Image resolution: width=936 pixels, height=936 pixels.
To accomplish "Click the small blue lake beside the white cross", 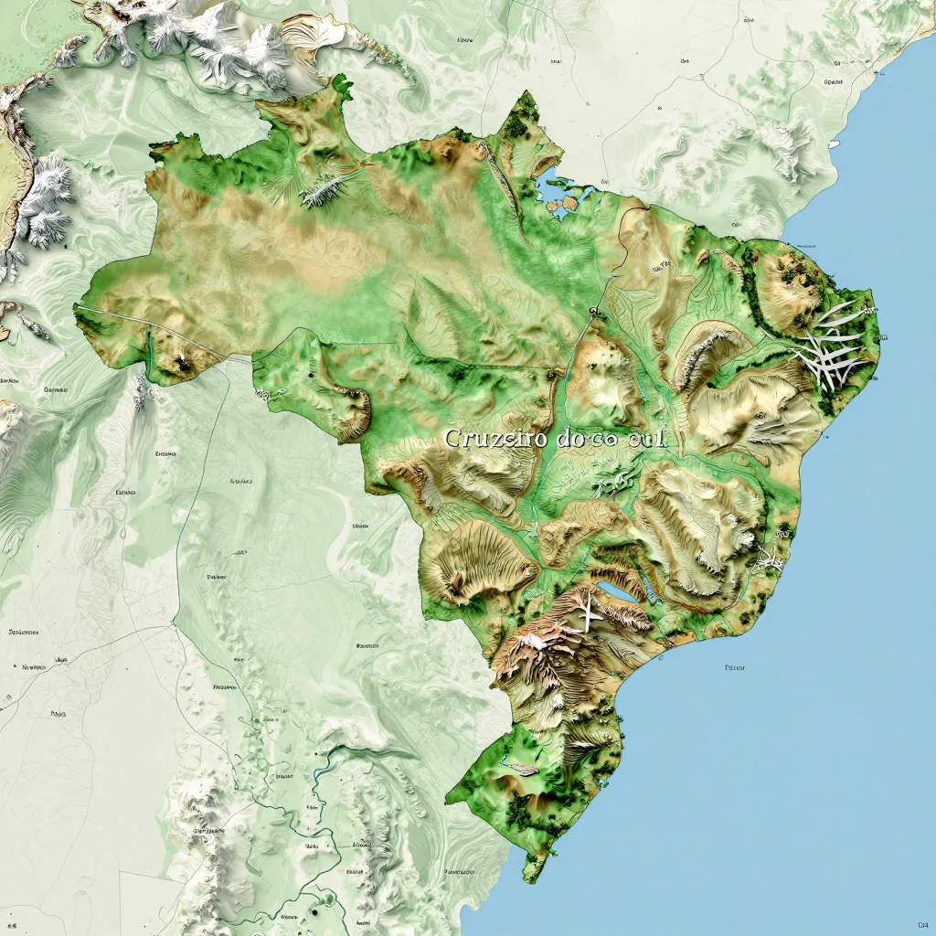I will click(x=618, y=592).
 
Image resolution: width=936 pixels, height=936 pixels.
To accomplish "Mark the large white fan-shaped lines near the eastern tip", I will click(x=832, y=347).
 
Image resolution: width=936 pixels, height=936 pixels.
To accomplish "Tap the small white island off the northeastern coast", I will click(x=834, y=144).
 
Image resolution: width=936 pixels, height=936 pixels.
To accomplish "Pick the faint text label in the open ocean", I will click(x=734, y=668).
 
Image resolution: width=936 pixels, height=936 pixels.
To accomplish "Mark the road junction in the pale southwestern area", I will click(x=173, y=626).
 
